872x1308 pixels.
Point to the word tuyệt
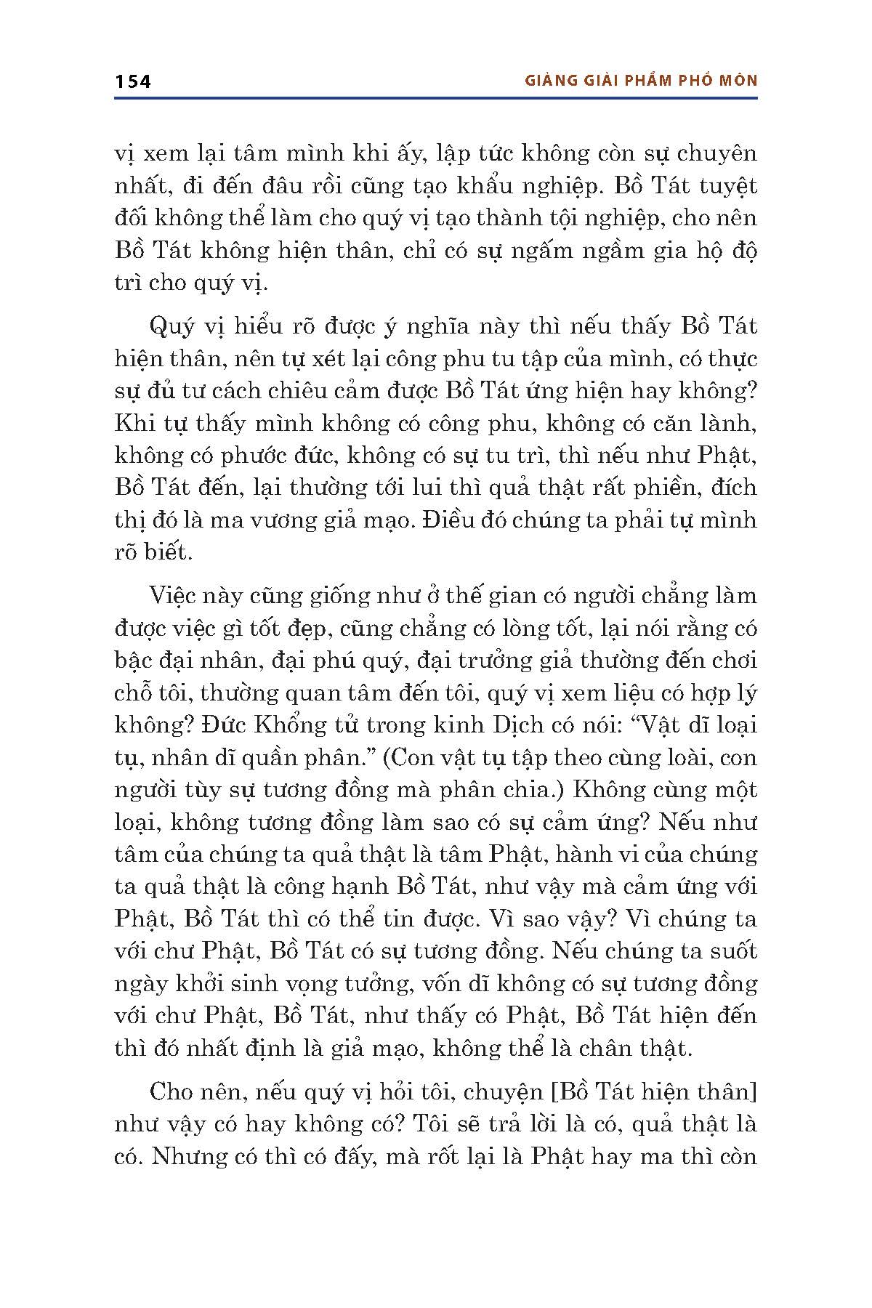727,187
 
